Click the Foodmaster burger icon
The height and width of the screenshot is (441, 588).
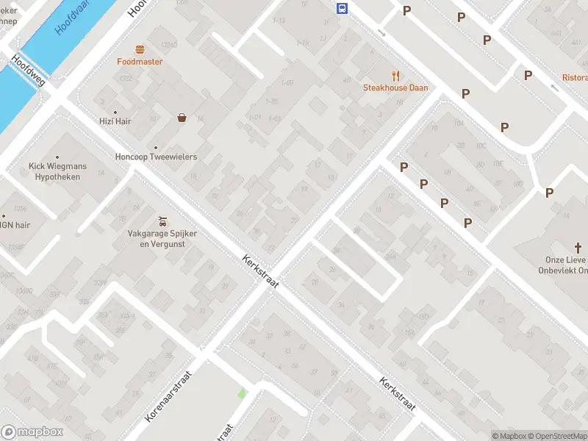(x=140, y=49)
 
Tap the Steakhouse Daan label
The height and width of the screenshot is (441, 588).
(x=395, y=87)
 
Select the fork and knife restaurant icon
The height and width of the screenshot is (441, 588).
(x=395, y=75)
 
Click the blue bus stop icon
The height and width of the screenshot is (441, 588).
(x=343, y=8)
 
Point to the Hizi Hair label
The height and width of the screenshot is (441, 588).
(x=115, y=121)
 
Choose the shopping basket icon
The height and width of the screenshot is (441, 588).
(x=181, y=117)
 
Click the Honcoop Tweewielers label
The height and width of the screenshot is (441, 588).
(x=156, y=157)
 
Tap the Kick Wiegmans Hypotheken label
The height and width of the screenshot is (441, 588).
(x=57, y=171)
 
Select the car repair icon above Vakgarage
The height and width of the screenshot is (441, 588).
(x=163, y=220)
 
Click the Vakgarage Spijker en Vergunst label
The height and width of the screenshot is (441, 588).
(x=163, y=238)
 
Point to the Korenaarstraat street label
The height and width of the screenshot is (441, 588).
(x=168, y=396)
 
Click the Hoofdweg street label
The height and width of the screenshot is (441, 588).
(x=28, y=71)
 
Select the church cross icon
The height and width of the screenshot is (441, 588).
(x=578, y=248)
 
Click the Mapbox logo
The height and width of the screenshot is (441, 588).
(x=32, y=432)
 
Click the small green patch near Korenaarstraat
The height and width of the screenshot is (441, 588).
(x=241, y=394)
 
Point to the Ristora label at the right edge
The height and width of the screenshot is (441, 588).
(x=575, y=77)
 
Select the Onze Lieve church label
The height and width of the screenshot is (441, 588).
(x=566, y=265)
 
